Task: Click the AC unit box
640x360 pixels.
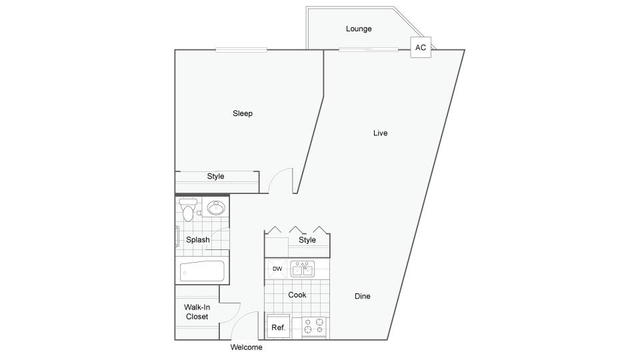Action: click(x=421, y=47)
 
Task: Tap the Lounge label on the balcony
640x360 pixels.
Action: click(x=359, y=29)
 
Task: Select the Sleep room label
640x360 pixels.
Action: click(x=243, y=113)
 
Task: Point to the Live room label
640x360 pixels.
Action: click(x=380, y=133)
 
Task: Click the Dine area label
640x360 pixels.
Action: click(x=363, y=296)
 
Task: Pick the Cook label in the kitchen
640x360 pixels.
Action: click(x=297, y=295)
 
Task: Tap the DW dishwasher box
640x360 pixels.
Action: click(x=277, y=269)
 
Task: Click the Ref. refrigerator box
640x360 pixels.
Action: click(x=279, y=327)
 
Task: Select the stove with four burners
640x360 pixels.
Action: click(x=313, y=326)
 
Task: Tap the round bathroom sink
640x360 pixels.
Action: click(x=215, y=208)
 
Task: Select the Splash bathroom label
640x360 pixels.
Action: click(x=198, y=240)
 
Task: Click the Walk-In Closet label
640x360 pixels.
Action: click(x=197, y=312)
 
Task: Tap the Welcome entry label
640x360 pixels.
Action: click(x=246, y=347)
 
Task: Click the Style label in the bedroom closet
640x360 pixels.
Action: click(x=215, y=177)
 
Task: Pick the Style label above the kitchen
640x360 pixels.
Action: click(x=307, y=240)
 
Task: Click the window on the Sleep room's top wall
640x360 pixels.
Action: click(x=241, y=50)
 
